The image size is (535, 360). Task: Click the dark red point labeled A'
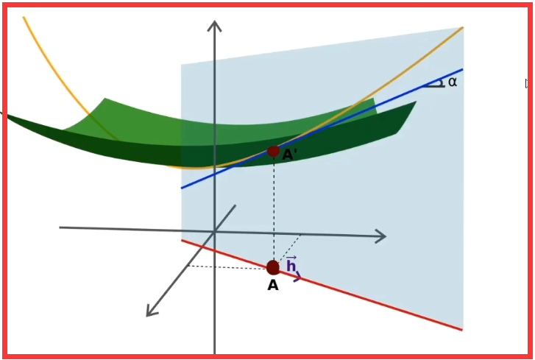coord(273,152)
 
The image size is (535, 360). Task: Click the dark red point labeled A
coord(273,267)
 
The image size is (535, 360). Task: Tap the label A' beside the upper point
coord(290,155)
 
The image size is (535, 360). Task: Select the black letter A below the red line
coord(273,286)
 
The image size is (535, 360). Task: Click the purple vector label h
coord(291,265)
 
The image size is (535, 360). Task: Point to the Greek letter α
coord(452,82)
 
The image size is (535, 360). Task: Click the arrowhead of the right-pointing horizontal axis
coord(380,236)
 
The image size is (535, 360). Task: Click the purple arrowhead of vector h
coord(297,278)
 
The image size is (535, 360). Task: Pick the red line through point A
coord(383,303)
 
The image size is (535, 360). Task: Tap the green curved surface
coord(147,129)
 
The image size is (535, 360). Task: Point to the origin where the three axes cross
coord(214,232)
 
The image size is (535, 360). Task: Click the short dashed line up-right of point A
coord(290,247)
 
